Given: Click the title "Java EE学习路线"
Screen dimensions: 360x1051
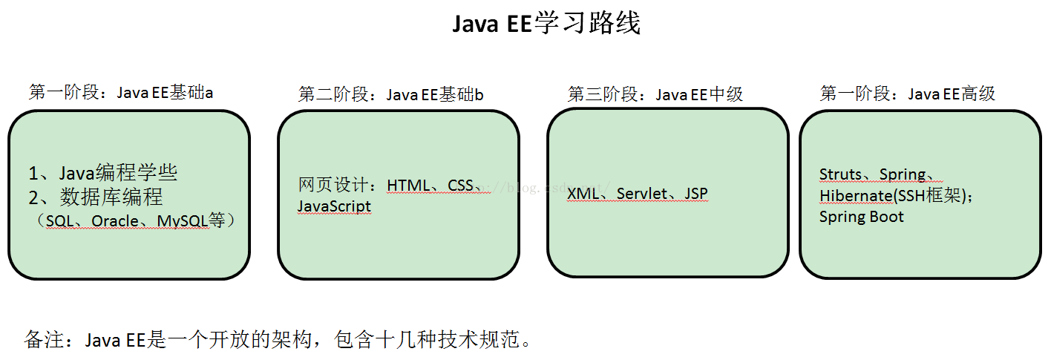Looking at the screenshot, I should click(546, 24).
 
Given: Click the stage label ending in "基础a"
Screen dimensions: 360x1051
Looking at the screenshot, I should click(121, 92).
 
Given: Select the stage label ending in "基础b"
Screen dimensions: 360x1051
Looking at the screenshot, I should click(391, 94).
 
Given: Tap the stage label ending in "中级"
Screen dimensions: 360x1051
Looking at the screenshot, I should click(655, 94).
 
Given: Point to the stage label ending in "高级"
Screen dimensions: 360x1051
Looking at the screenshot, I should click(907, 94).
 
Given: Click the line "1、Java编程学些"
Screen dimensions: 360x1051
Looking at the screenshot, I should click(103, 174).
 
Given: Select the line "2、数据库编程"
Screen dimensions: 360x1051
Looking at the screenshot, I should click(96, 197).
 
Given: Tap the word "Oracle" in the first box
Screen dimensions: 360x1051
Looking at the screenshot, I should click(115, 220).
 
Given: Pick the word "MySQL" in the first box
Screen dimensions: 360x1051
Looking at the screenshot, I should click(183, 220).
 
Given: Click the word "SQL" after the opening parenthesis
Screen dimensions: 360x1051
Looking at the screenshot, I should click(61, 220).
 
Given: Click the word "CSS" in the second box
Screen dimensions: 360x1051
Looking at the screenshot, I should click(460, 185).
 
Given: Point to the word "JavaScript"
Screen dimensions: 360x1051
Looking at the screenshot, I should click(334, 206).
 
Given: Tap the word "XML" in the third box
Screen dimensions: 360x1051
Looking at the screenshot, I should click(583, 194).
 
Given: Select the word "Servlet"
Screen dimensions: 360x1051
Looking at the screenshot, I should click(642, 194).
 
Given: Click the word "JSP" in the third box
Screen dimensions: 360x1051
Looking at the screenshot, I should click(696, 194).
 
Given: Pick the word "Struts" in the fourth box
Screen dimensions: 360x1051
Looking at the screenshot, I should click(840, 174).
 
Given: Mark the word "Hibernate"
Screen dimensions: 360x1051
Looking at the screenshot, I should click(855, 195).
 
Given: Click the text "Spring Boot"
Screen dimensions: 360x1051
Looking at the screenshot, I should click(861, 217).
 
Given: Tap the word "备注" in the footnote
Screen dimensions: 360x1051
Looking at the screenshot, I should click(42, 341).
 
